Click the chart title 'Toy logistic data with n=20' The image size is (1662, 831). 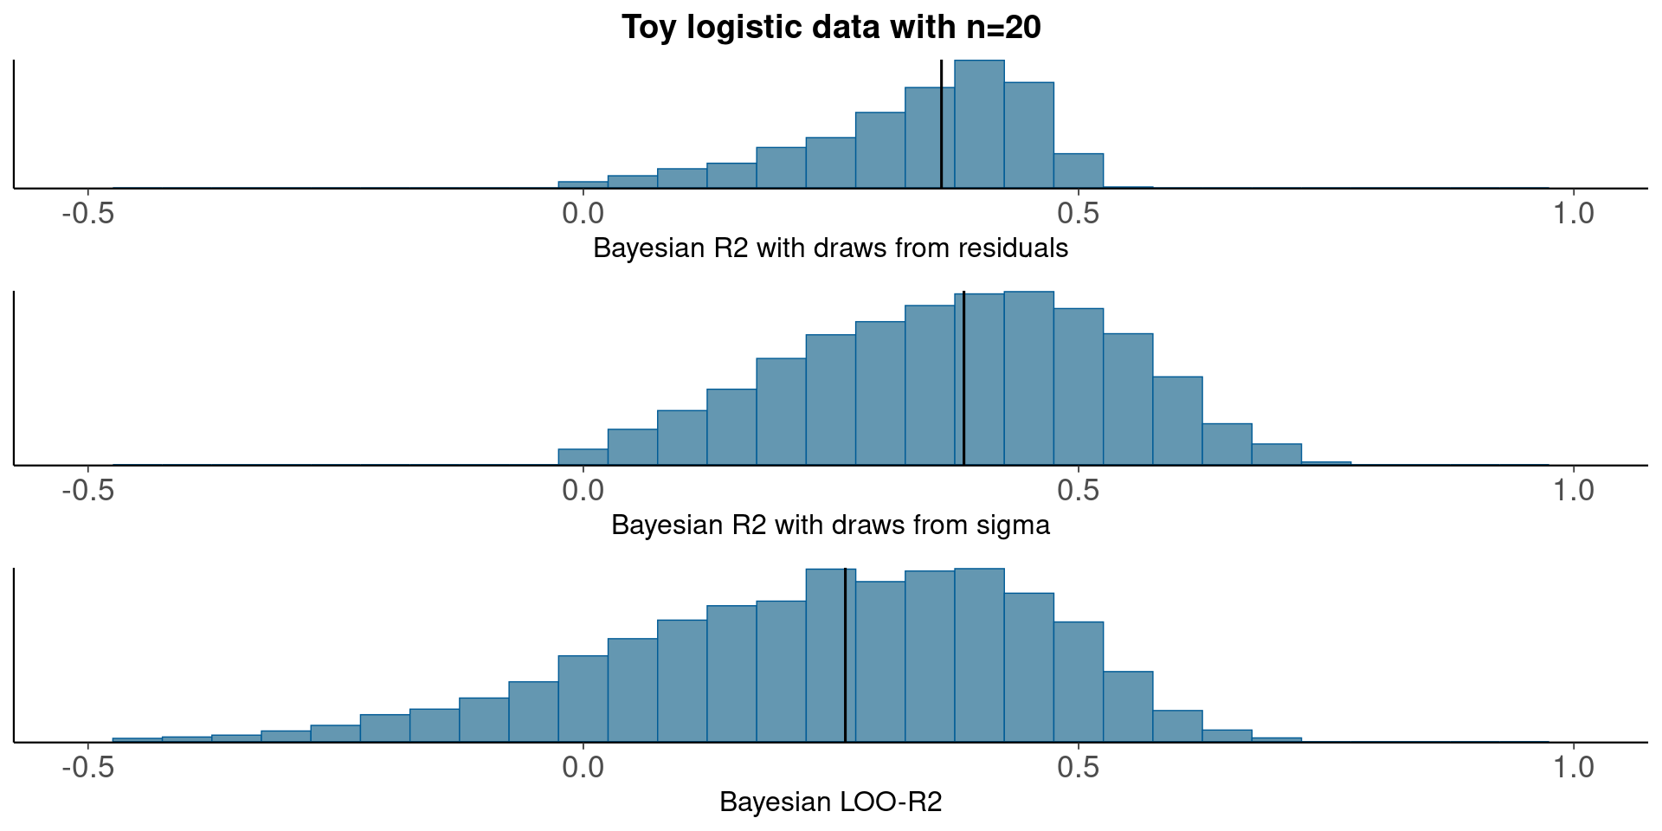831,28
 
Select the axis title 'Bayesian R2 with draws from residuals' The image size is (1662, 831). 830,248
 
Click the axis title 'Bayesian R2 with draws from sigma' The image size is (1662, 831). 830,525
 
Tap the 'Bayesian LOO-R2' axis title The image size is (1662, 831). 830,802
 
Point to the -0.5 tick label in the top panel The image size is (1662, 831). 88,214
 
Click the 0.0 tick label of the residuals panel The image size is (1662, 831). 583,214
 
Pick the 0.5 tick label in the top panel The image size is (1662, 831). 1079,214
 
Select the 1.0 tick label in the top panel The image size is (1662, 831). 1573,214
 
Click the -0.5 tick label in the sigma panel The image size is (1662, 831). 88,491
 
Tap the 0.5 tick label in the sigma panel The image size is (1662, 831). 1079,491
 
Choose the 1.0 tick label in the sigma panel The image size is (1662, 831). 1573,491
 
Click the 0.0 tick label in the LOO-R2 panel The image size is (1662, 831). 583,768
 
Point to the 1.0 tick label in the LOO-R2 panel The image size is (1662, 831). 1573,768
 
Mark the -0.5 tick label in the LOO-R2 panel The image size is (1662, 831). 88,768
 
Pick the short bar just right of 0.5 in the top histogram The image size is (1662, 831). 1079,171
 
